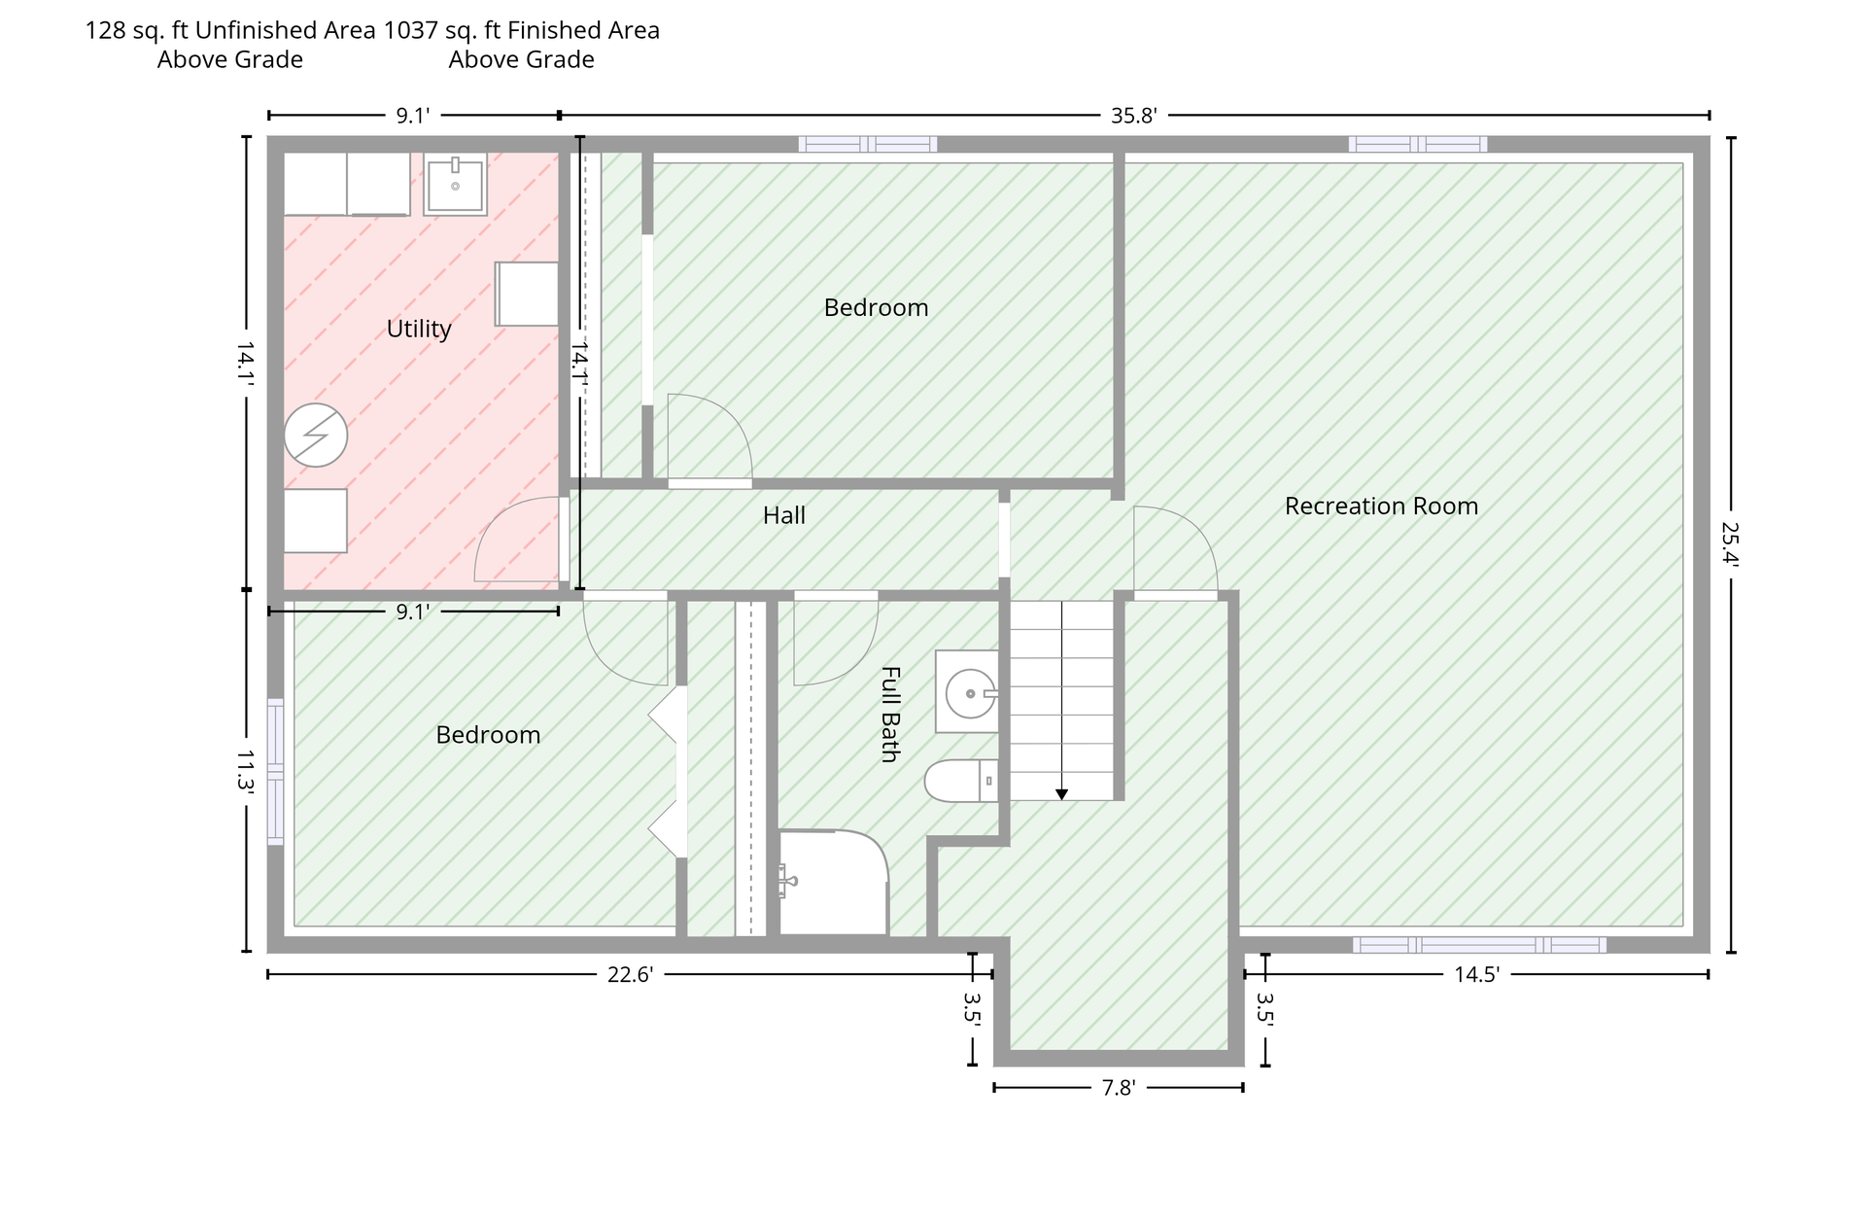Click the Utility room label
pyautogui.click(x=419, y=329)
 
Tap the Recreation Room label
pyautogui.click(x=1381, y=506)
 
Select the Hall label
pyautogui.click(x=784, y=515)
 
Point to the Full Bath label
pyautogui.click(x=889, y=714)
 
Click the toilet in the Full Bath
pyautogui.click(x=961, y=781)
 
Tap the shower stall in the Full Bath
pyautogui.click(x=834, y=883)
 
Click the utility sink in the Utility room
pyautogui.click(x=455, y=184)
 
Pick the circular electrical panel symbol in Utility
pyautogui.click(x=316, y=435)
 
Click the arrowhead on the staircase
pyautogui.click(x=1061, y=794)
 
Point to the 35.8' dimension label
pyautogui.click(x=1134, y=116)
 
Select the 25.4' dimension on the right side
pyautogui.click(x=1730, y=544)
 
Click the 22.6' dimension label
pyautogui.click(x=630, y=974)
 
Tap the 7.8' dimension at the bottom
pyautogui.click(x=1119, y=1088)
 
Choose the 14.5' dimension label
pyautogui.click(x=1477, y=974)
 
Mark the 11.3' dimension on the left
pyautogui.click(x=246, y=770)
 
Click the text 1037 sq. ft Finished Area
pyautogui.click(x=522, y=30)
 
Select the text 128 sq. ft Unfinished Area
pyautogui.click(x=230, y=30)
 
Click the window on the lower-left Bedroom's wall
pyautogui.click(x=276, y=771)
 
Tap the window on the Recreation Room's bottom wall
pyautogui.click(x=1479, y=944)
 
